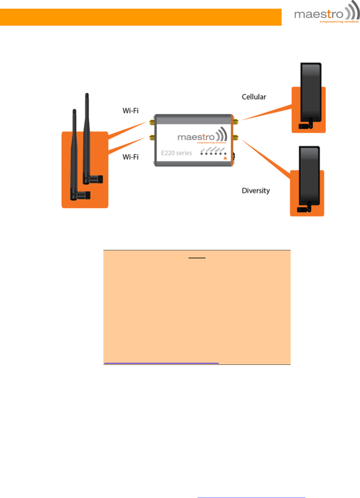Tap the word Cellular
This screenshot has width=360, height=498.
click(x=254, y=97)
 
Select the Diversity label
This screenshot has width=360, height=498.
click(x=256, y=191)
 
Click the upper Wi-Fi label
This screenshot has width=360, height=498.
click(x=130, y=111)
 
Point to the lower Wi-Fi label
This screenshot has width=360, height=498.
click(x=130, y=157)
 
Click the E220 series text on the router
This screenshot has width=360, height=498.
click(x=176, y=153)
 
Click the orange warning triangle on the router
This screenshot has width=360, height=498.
click(x=225, y=158)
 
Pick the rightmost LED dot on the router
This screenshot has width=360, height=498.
click(x=225, y=154)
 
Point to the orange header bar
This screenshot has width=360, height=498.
click(x=141, y=17)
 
